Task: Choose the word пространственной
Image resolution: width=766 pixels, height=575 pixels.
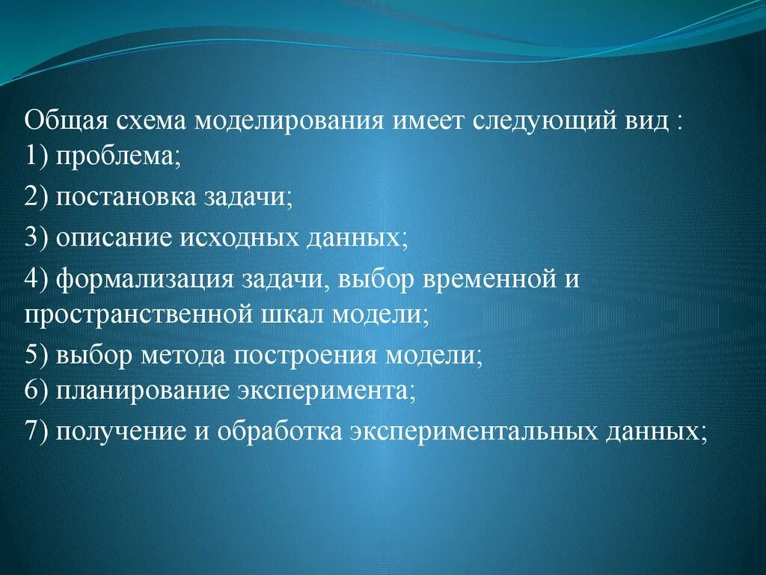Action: click(136, 314)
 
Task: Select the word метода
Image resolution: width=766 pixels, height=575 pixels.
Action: click(185, 355)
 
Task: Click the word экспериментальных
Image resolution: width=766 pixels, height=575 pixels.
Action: click(471, 431)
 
